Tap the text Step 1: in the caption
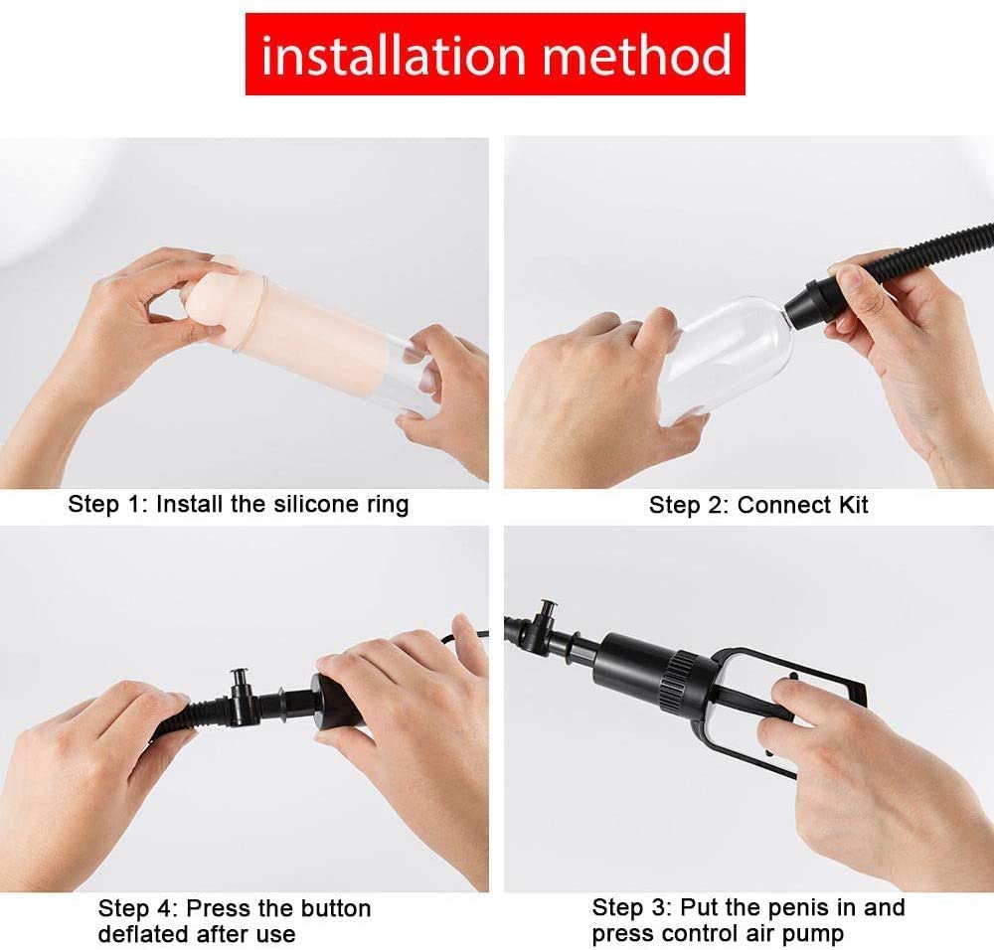(x=108, y=504)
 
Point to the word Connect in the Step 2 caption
(x=783, y=505)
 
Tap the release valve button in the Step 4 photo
(x=240, y=678)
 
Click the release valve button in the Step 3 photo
(x=546, y=610)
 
